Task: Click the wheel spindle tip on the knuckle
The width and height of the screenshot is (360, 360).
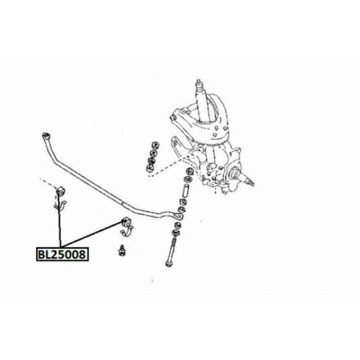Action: click(251, 183)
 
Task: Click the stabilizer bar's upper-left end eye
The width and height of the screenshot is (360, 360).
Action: click(45, 135)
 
